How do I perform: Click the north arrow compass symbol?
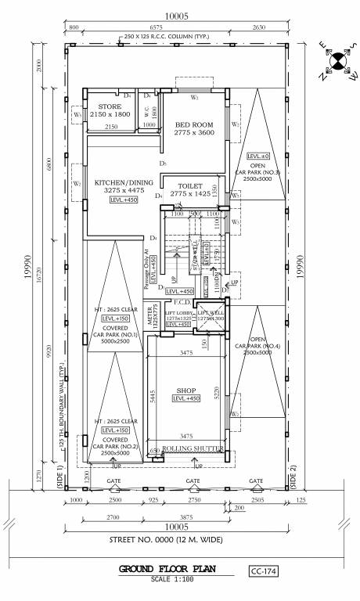337,63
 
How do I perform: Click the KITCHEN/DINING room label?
124,186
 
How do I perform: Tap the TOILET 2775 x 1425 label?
191,188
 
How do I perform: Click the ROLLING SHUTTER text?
193,448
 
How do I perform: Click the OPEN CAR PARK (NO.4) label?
257,346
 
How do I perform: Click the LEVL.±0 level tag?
257,156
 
